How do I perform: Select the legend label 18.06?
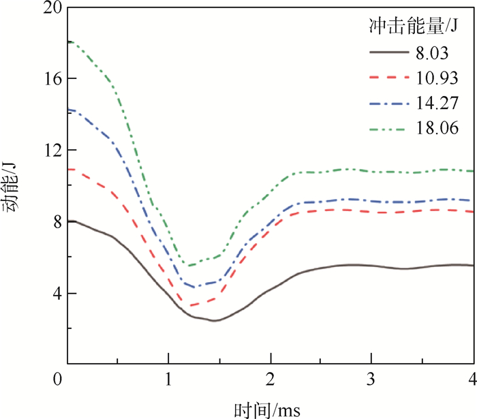[x=436, y=129]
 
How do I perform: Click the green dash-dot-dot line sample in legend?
[x=390, y=129]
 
